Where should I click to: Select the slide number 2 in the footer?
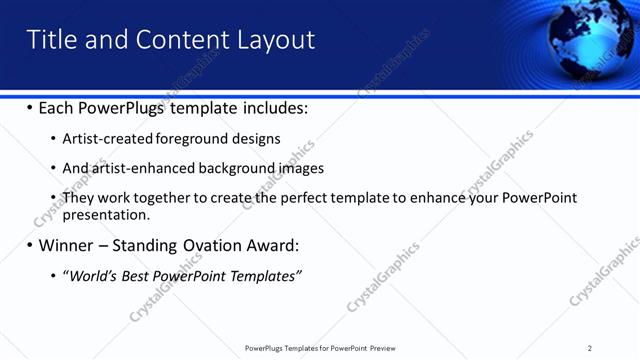coord(589,348)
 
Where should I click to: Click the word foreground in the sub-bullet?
coord(190,139)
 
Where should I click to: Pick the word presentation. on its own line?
coord(106,214)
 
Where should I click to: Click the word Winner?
coord(68,245)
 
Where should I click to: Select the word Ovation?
coord(212,245)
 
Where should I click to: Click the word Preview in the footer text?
coord(381,348)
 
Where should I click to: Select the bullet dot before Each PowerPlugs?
coord(29,108)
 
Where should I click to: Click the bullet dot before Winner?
coord(29,246)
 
